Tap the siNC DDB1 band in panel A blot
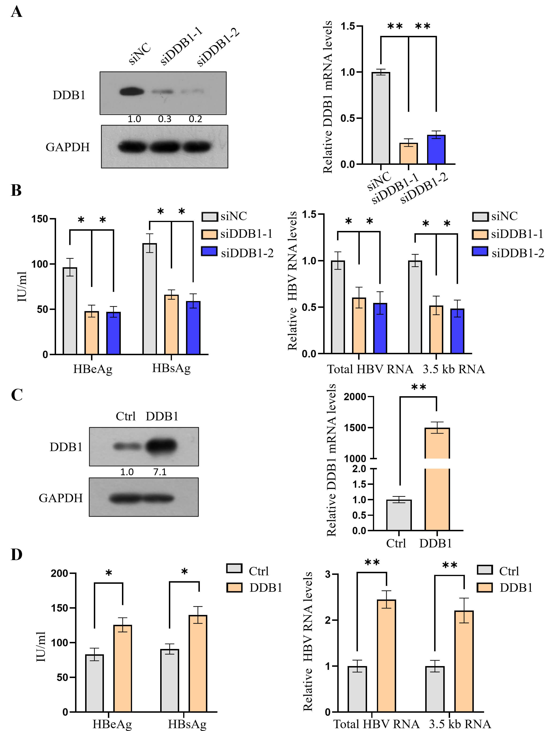coord(132,91)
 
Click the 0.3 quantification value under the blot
coord(165,119)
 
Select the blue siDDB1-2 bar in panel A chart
coord(436,149)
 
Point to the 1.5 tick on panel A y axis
coord(347,26)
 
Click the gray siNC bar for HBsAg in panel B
coord(150,299)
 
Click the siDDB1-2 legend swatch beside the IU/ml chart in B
coord(209,252)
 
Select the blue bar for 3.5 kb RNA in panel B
coord(457,331)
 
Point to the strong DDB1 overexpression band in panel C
coord(161,446)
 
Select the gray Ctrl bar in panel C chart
coord(399,515)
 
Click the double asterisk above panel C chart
coord(418,387)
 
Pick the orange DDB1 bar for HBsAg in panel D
coord(198,663)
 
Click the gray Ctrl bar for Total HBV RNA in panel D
coord(357,689)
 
